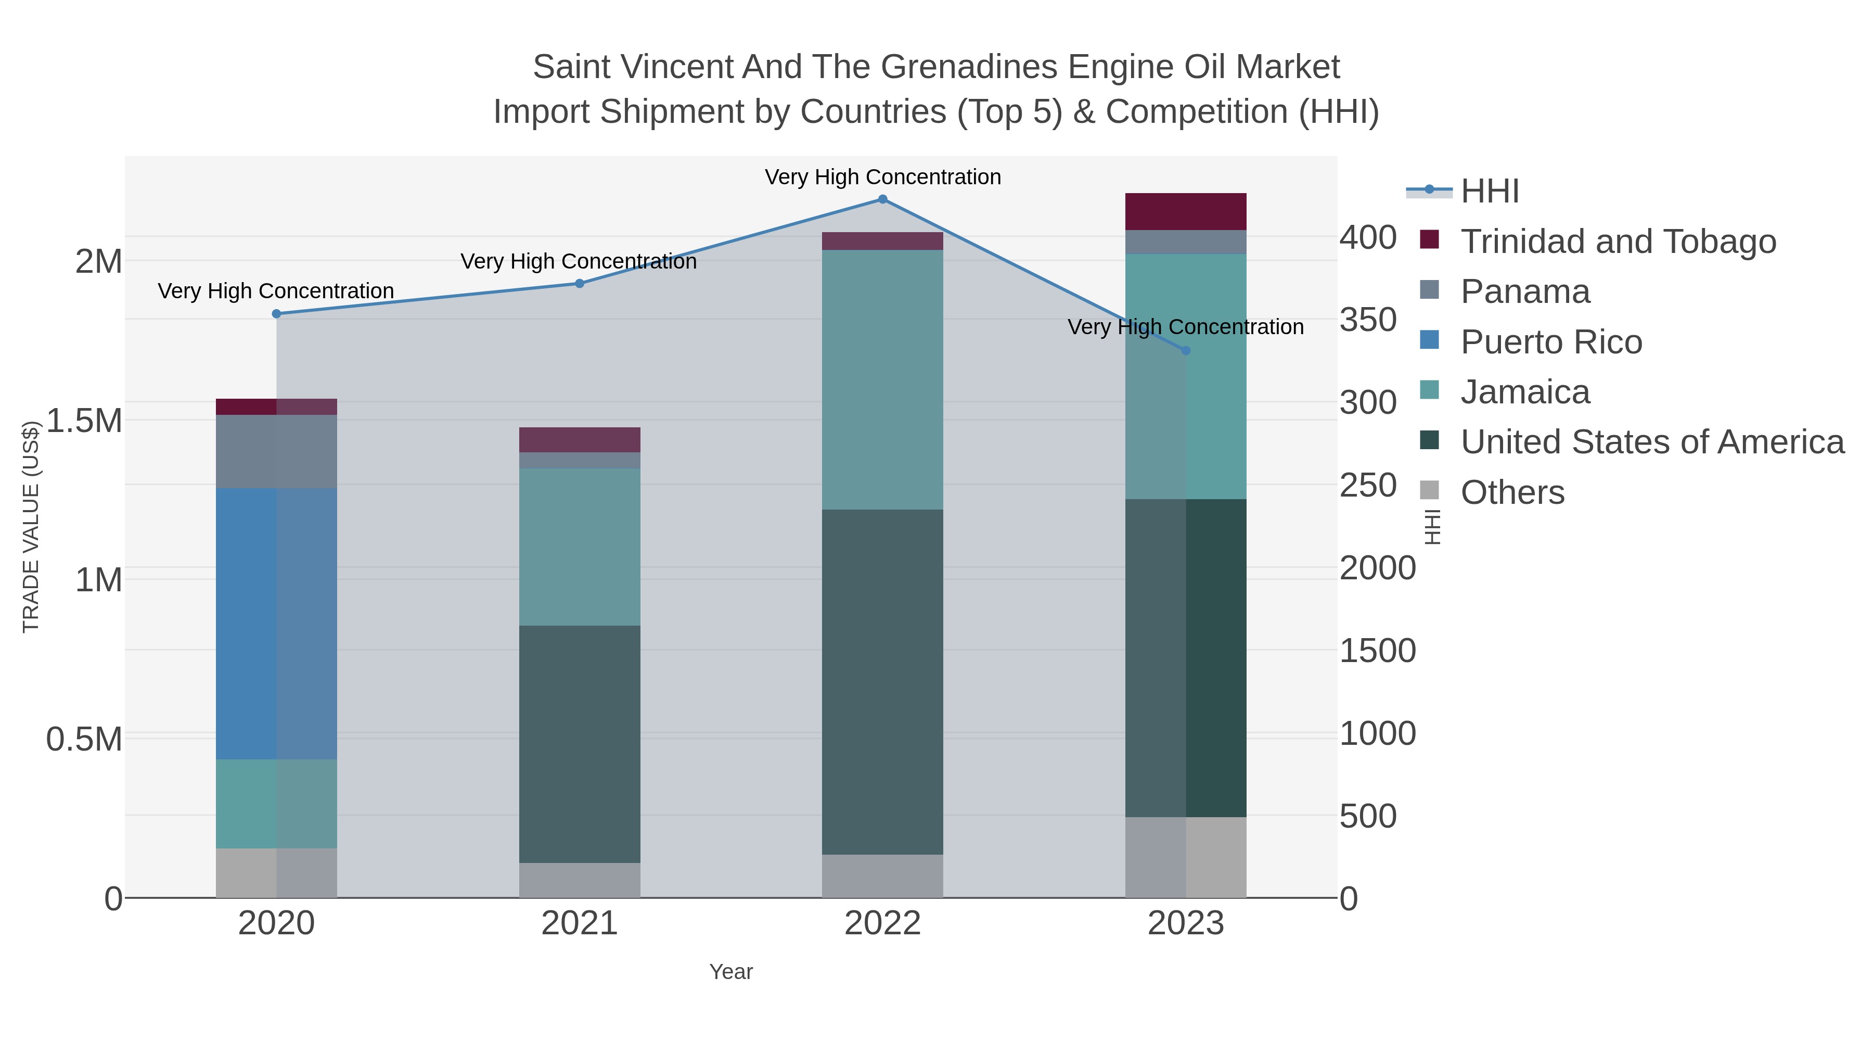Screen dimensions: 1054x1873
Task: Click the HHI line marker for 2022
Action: pyautogui.click(x=883, y=199)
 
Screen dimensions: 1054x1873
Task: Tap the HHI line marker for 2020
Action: pyautogui.click(x=276, y=314)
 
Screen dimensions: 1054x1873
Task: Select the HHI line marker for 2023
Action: pyautogui.click(x=1186, y=351)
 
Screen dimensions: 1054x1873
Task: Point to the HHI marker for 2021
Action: pyautogui.click(x=580, y=284)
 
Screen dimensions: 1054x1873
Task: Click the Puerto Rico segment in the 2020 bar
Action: pyautogui.click(x=276, y=624)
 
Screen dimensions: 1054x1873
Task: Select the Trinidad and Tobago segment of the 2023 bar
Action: pyautogui.click(x=1186, y=212)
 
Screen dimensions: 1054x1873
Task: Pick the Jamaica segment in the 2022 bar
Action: pyautogui.click(x=883, y=380)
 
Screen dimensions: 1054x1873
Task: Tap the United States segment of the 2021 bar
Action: pyautogui.click(x=580, y=744)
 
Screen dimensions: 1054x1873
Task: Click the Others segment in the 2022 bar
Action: pyautogui.click(x=883, y=876)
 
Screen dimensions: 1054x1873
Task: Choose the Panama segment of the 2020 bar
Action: pyautogui.click(x=276, y=452)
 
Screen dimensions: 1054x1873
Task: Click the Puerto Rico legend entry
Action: pyautogui.click(x=1551, y=342)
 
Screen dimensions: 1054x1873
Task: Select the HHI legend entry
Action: pyautogui.click(x=1489, y=192)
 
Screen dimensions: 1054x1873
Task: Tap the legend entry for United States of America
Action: pyautogui.click(x=1652, y=442)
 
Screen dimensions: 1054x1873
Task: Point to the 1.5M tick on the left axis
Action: pyautogui.click(x=84, y=421)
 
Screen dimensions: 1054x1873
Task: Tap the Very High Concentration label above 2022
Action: pyautogui.click(x=883, y=177)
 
